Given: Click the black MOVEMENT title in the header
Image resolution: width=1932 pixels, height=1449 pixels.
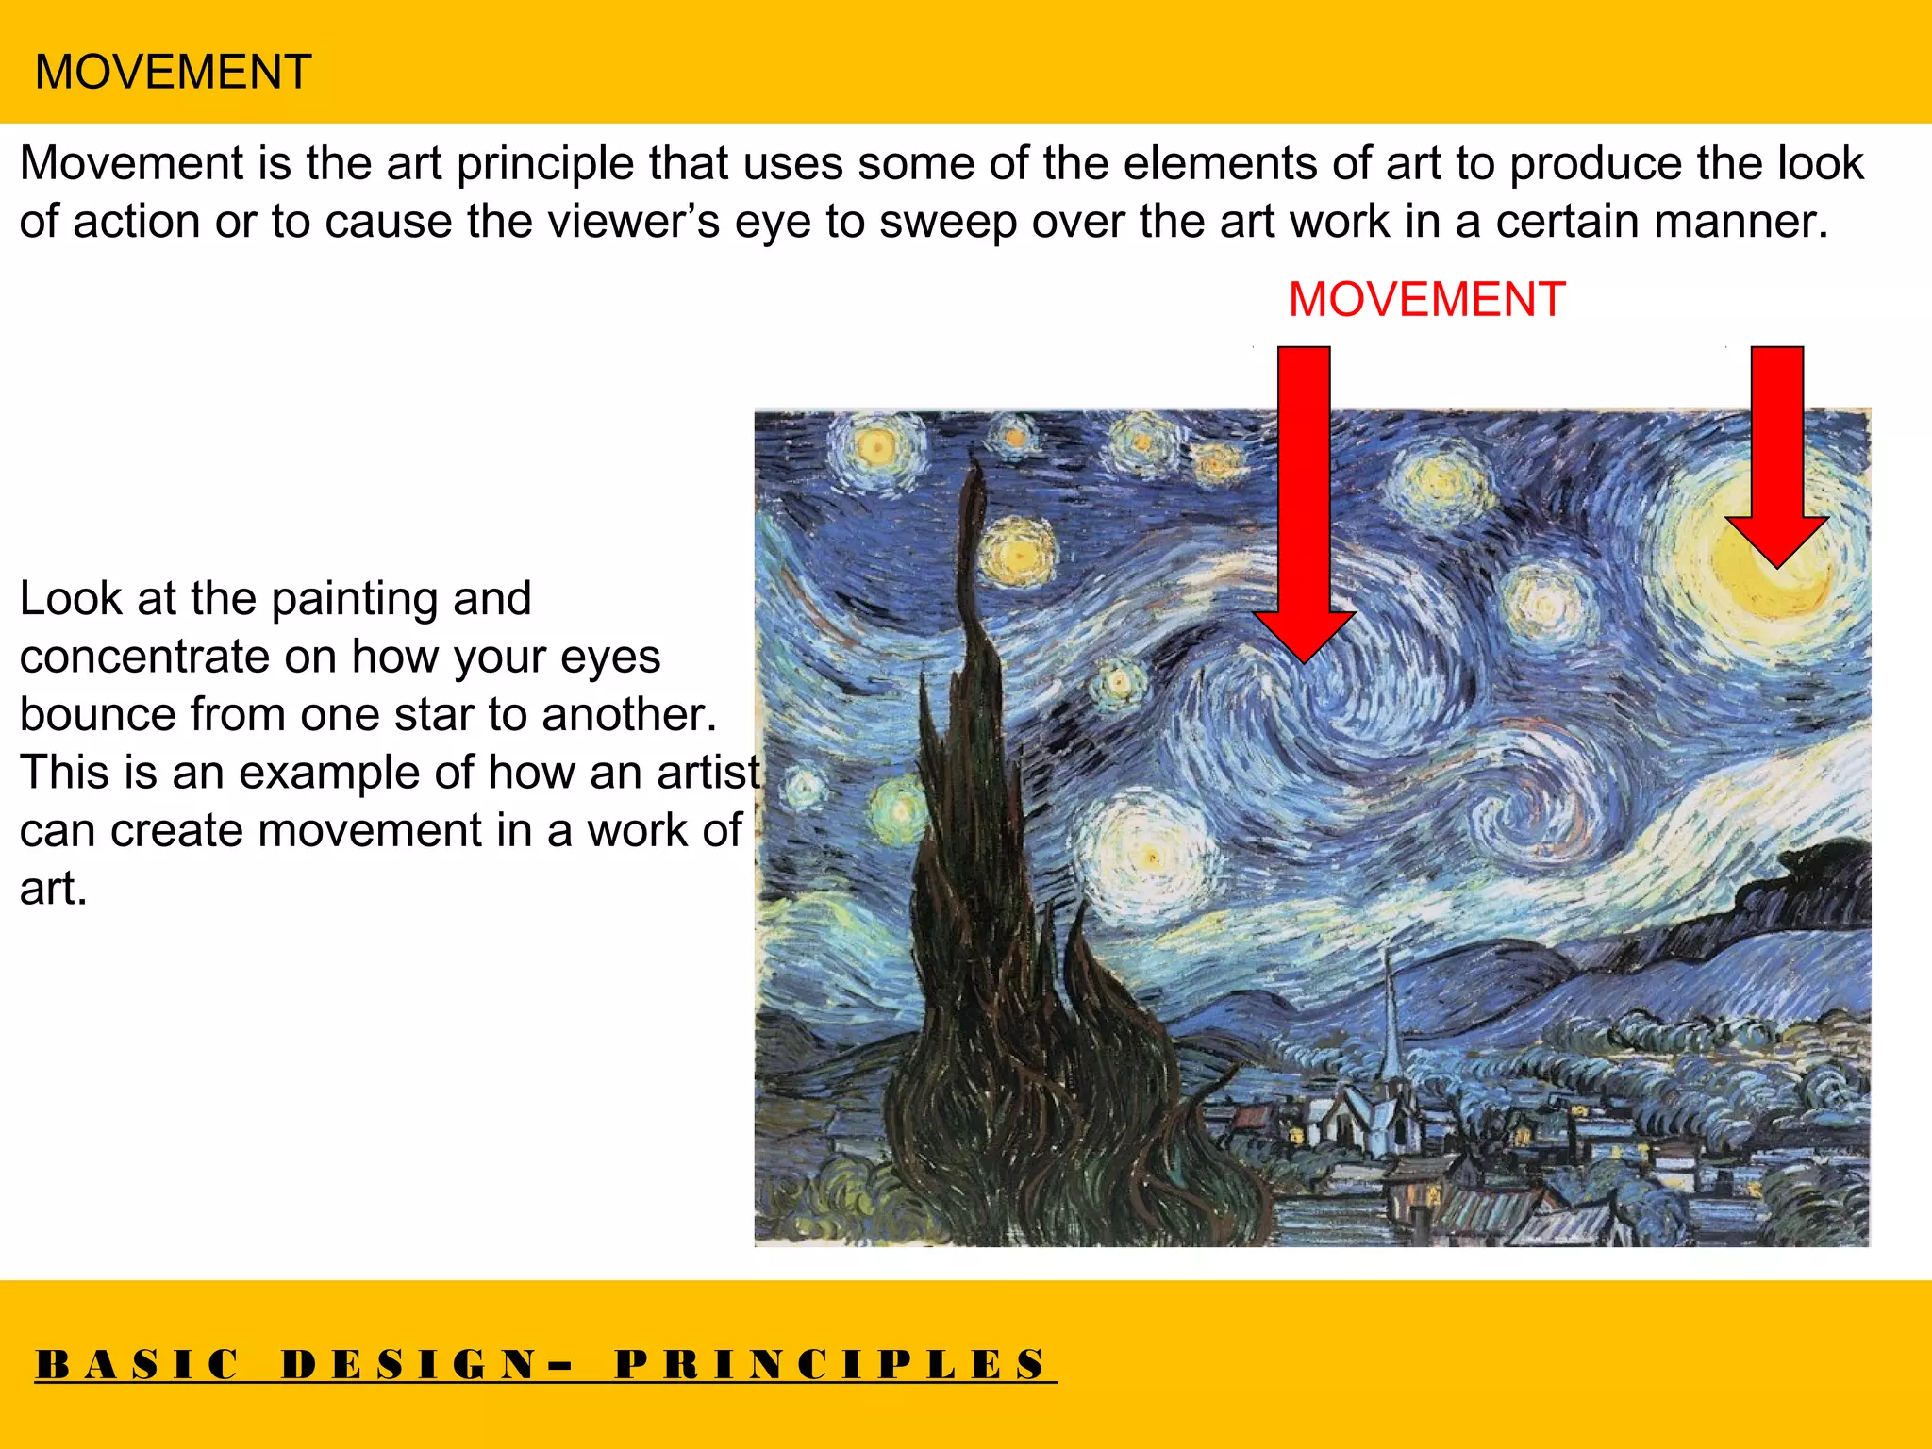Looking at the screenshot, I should click(173, 72).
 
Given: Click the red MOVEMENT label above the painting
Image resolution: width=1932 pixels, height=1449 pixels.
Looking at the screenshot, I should click(1426, 300).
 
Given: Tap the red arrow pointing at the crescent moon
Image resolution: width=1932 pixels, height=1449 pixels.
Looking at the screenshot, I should click(1777, 453).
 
